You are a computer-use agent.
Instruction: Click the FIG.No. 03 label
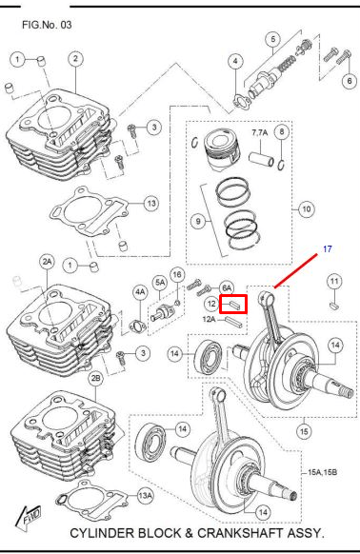(47, 25)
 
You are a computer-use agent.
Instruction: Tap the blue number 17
(328, 249)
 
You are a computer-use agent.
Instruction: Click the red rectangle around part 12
(233, 305)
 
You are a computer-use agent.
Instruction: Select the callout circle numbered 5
(273, 39)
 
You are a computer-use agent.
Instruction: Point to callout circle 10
(307, 209)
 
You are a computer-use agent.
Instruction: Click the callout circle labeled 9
(198, 222)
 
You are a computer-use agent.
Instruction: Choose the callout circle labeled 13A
(145, 496)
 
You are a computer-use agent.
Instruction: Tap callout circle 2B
(96, 379)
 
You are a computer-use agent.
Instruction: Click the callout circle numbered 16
(177, 275)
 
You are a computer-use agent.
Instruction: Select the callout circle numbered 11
(334, 282)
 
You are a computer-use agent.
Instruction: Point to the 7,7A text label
(260, 133)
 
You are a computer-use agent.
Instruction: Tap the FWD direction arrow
(29, 517)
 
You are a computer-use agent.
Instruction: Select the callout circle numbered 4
(235, 62)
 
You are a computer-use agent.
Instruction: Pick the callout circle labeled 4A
(140, 292)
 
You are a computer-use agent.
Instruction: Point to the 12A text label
(209, 319)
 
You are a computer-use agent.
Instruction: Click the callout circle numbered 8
(282, 131)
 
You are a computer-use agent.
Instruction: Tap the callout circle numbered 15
(304, 431)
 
